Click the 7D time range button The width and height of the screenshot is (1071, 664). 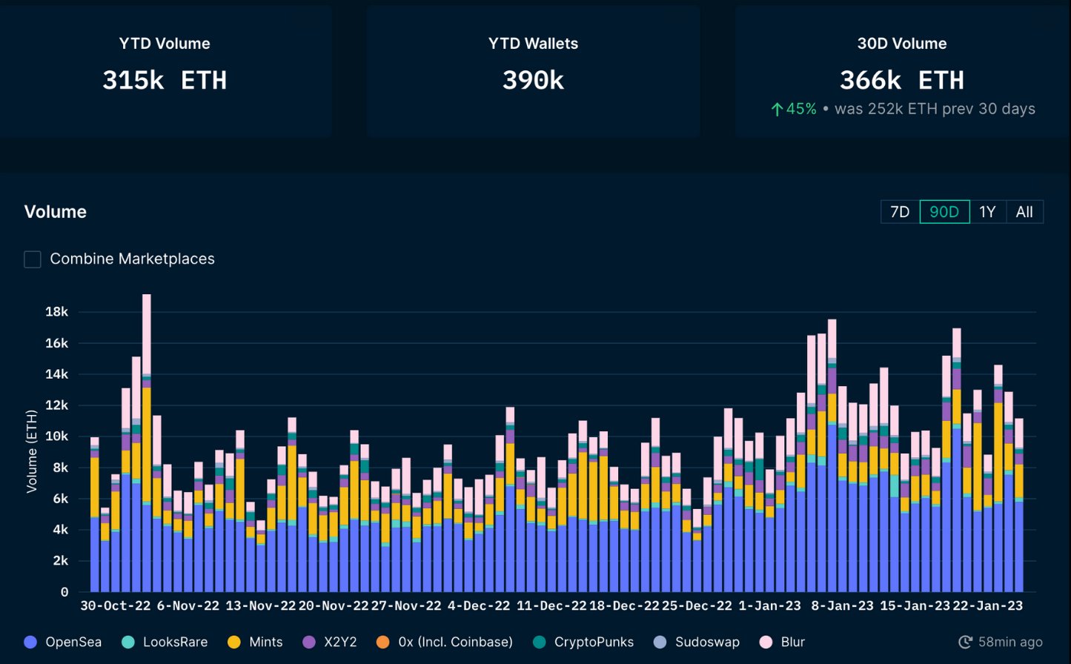899,212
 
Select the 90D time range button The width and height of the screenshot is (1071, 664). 944,212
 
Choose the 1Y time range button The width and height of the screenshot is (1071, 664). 987,212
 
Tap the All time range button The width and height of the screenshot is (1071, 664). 1024,212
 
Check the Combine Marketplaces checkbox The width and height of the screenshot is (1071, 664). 33,259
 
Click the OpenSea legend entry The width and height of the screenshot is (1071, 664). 63,642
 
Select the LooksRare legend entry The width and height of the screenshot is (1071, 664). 165,642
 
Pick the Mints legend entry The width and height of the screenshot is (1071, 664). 255,642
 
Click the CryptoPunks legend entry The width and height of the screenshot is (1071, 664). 584,642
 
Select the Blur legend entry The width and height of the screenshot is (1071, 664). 782,642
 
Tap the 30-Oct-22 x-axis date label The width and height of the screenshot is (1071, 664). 115,605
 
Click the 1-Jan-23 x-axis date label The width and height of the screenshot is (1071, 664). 769,605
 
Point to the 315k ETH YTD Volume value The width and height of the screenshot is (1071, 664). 165,80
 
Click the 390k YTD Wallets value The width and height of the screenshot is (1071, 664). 533,80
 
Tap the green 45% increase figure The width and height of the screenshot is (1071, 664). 794,109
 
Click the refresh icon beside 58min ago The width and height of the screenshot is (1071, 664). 965,642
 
